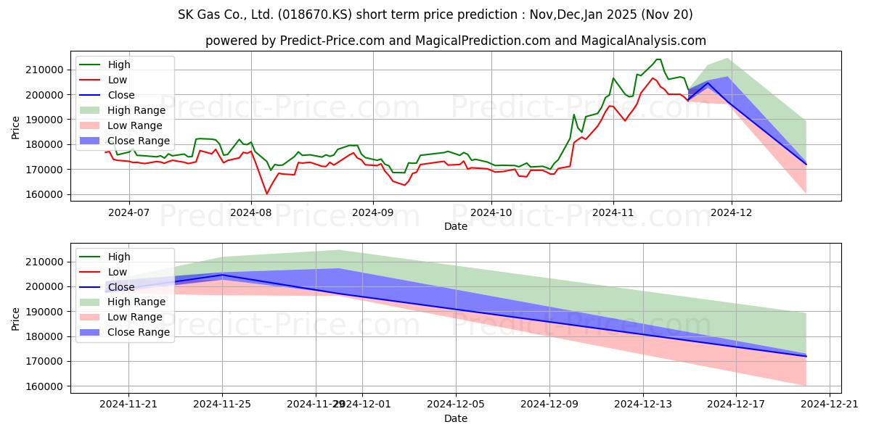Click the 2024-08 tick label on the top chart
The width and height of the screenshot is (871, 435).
point(250,213)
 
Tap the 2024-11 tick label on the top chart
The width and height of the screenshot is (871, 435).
point(613,213)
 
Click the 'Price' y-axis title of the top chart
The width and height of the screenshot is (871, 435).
point(16,128)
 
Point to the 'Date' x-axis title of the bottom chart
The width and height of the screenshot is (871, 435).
point(456,419)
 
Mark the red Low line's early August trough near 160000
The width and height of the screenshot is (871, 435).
point(266,194)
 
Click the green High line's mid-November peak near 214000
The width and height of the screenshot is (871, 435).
point(658,59)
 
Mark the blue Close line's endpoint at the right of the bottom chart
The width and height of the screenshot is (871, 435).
point(806,356)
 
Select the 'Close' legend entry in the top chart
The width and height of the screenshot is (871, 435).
point(120,95)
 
